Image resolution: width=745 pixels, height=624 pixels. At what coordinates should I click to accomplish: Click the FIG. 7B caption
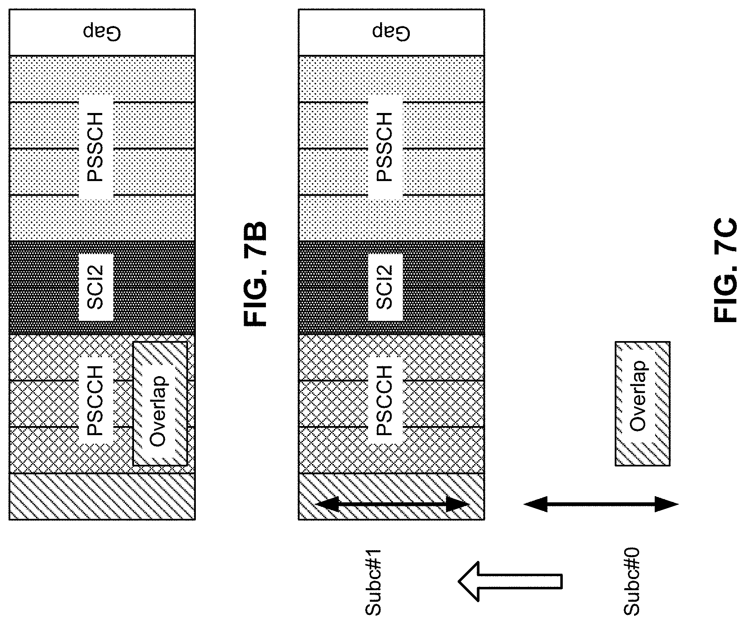(256, 274)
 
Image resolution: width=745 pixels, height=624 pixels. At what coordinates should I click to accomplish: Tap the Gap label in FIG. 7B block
(103, 32)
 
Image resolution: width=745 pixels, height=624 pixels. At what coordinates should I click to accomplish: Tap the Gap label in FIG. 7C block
(392, 32)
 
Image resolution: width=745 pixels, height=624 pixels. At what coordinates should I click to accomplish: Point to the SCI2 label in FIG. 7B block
(96, 287)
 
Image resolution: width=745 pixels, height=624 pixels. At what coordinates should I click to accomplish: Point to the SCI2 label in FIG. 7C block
(385, 287)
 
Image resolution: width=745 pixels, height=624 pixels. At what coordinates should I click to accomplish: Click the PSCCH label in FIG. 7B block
(96, 401)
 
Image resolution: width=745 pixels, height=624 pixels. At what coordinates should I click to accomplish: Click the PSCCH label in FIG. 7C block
(385, 401)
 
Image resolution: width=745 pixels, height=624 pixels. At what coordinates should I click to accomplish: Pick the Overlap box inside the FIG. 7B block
(160, 404)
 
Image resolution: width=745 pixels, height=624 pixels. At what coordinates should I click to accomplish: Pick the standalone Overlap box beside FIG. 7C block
(642, 404)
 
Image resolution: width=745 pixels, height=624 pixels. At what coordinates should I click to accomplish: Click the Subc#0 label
(631, 582)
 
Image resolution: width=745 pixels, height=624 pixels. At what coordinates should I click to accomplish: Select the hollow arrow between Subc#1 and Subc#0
(510, 582)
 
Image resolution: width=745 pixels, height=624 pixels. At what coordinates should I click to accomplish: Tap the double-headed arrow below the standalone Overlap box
(601, 504)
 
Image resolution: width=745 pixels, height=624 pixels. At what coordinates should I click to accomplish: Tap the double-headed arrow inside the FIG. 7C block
(392, 504)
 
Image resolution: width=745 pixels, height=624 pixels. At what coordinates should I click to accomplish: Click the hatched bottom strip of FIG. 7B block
(102, 496)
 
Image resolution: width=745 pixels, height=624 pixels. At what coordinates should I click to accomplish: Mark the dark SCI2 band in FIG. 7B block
(102, 287)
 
